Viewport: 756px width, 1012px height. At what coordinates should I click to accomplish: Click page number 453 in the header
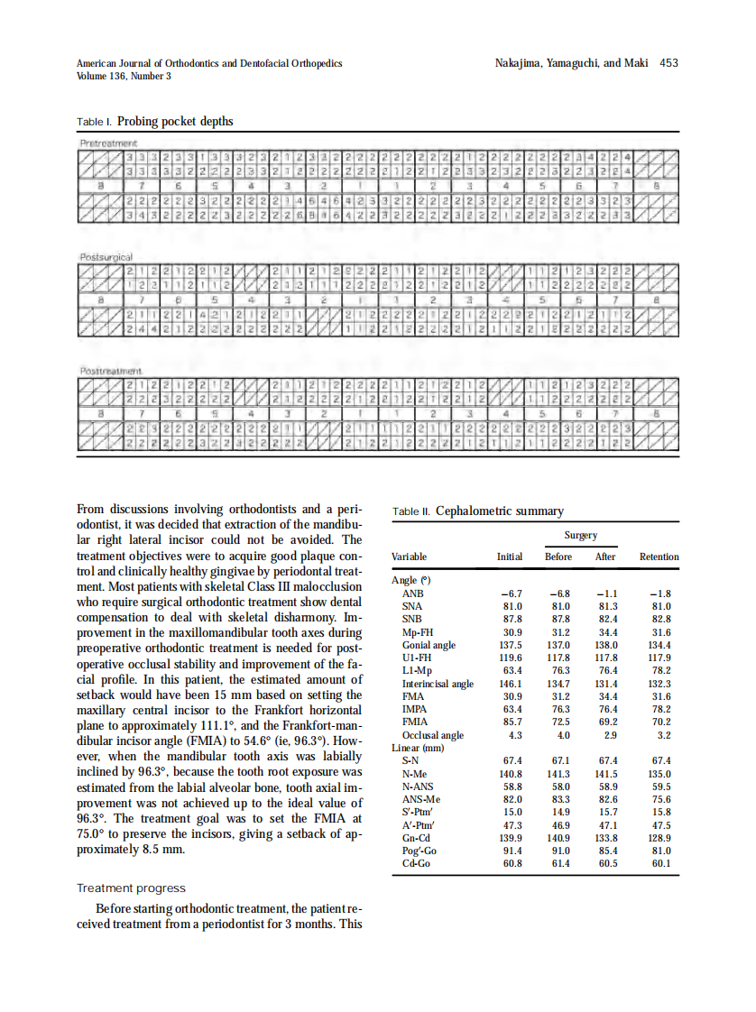click(x=668, y=63)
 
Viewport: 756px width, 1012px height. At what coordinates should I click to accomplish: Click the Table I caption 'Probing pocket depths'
click(x=175, y=122)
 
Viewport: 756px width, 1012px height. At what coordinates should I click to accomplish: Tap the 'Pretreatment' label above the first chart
click(x=107, y=143)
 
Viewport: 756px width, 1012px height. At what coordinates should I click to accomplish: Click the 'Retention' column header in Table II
click(x=659, y=557)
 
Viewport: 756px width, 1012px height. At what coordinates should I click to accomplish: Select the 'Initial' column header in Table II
click(x=510, y=557)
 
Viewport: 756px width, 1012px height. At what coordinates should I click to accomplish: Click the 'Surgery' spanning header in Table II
click(x=580, y=535)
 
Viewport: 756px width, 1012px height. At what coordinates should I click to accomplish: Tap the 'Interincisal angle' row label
click(x=438, y=684)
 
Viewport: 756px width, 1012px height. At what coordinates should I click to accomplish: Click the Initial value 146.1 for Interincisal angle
click(x=511, y=684)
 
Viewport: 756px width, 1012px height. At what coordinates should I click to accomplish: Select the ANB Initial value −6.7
click(x=512, y=593)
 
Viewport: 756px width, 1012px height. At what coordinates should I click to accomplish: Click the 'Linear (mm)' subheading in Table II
click(x=418, y=748)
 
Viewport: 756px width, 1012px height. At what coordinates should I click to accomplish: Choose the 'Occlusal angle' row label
click(x=432, y=735)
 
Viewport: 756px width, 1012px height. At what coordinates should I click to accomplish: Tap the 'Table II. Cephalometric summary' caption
click(x=478, y=511)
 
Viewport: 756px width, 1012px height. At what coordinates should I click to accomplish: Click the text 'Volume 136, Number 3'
click(x=124, y=76)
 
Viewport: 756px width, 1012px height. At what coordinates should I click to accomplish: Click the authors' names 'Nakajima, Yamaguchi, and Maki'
click(x=572, y=63)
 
